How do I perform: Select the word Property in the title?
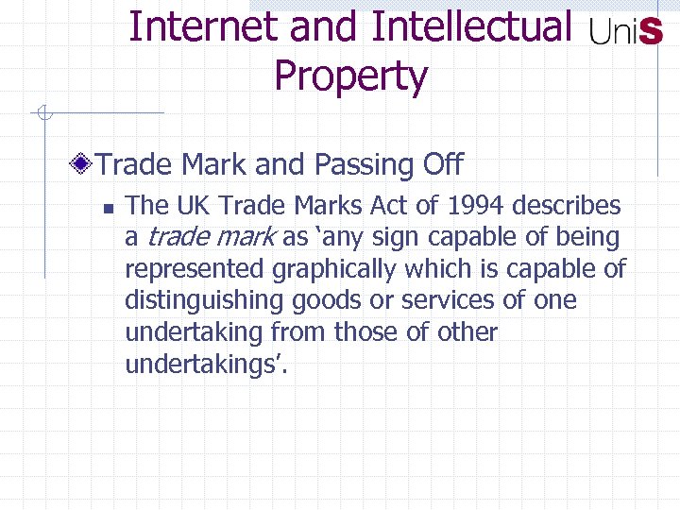350,76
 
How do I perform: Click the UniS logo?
625,34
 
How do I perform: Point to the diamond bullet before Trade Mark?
85,165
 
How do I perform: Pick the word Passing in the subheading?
361,165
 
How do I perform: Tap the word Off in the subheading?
443,165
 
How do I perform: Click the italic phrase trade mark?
212,237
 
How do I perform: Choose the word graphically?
334,269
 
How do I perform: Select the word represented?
195,269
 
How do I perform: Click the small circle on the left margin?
42,114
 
